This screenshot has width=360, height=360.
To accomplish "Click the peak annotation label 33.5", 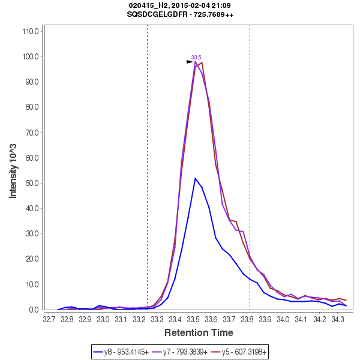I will pyautogui.click(x=196, y=58).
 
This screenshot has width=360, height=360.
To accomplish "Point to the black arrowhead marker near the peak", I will pyautogui.click(x=190, y=61).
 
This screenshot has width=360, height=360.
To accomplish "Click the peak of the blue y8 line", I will pyautogui.click(x=195, y=178).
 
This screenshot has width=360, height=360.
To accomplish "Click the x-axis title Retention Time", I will pyautogui.click(x=199, y=332).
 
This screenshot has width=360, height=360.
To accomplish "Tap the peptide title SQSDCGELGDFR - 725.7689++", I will pyautogui.click(x=180, y=14).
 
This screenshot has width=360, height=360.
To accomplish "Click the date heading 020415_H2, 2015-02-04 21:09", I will pyautogui.click(x=180, y=5).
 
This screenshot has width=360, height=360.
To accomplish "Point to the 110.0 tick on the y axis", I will pyautogui.click(x=30, y=31).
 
